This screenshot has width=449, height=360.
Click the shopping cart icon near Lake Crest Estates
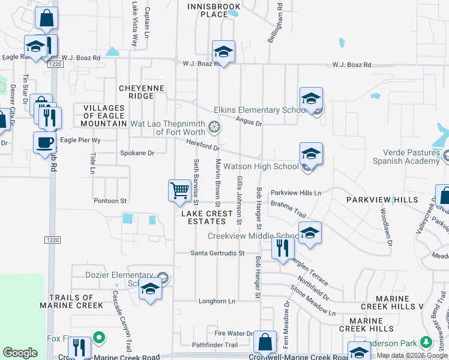179,191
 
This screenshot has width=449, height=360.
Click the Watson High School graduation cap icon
311,154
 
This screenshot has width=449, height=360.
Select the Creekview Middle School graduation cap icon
310,233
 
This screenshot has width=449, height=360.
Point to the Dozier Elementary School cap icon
149,289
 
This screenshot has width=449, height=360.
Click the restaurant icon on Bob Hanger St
282,247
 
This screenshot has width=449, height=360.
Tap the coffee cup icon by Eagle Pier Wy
45,143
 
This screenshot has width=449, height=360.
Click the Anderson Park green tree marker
426,342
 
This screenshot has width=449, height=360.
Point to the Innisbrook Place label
214,10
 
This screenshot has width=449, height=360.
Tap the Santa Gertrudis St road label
218,253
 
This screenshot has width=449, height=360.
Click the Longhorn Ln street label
217,301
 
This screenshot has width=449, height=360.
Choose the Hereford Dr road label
204,144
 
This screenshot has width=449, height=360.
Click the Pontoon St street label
110,200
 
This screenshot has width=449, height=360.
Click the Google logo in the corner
20,353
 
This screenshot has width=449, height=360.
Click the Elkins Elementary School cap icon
311,99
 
